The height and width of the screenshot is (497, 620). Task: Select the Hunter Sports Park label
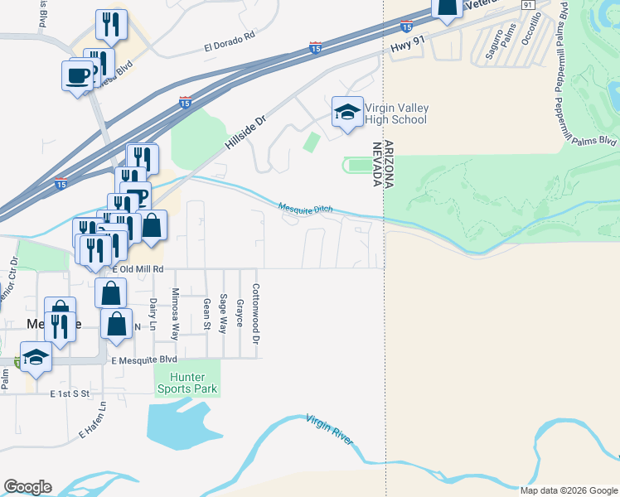pos(187,384)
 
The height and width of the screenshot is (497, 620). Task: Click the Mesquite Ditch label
pos(305,208)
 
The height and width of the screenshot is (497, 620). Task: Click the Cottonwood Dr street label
pos(256,306)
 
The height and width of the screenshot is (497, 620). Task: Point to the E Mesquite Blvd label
pos(144,360)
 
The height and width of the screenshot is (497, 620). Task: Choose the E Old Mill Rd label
pos(137,269)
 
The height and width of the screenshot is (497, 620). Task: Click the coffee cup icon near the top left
pos(78,75)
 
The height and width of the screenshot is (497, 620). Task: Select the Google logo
pos(27,487)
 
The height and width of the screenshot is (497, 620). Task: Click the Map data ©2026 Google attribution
pos(569,490)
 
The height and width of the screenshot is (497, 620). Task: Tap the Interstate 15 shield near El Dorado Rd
pos(315,49)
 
